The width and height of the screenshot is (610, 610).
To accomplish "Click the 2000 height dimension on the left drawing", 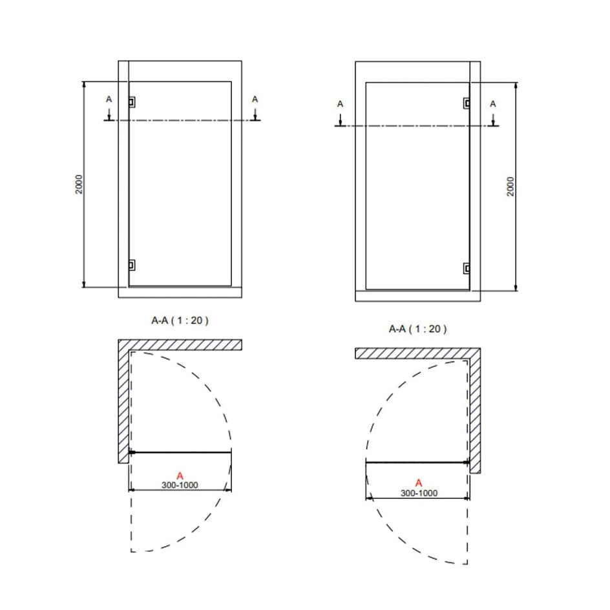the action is [79, 184].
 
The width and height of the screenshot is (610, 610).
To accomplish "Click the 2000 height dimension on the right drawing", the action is [510, 186].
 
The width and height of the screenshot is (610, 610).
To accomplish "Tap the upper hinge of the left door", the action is [132, 102].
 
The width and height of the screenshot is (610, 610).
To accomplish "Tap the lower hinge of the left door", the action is [132, 266].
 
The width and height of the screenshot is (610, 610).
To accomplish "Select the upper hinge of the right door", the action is [467, 103].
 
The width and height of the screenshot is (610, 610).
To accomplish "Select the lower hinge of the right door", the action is [467, 268].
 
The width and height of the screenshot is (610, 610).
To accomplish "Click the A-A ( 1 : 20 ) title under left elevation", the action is [180, 320].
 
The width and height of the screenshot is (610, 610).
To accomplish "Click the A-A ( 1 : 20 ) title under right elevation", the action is [418, 329].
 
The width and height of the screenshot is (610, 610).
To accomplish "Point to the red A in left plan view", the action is [180, 476].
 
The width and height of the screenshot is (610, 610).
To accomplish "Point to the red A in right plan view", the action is [419, 483].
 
